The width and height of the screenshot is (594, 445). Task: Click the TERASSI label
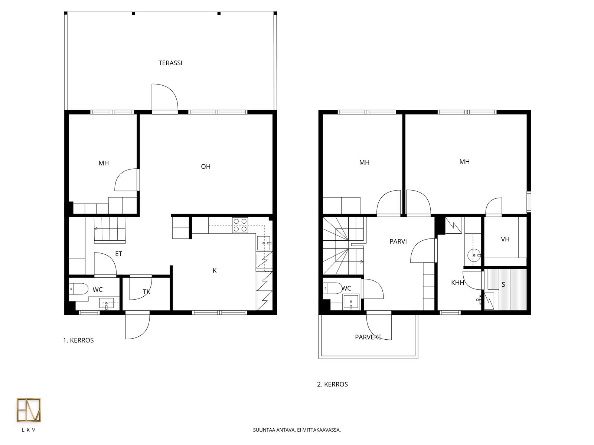(170, 63)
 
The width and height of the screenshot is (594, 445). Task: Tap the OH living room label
(206, 167)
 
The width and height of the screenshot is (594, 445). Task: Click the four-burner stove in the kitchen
(240, 225)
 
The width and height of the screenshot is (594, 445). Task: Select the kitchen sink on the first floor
(264, 243)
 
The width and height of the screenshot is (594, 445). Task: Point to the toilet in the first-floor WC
(78, 289)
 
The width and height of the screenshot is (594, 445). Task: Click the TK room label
(146, 292)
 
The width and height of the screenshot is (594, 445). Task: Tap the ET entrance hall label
(118, 254)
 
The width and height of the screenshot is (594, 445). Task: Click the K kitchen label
(215, 270)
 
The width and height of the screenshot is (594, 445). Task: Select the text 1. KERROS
(78, 340)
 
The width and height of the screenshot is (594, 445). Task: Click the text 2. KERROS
(332, 384)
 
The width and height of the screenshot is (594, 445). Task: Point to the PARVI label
(398, 241)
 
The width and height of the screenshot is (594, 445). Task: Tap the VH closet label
(505, 239)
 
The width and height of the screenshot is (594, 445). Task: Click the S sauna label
(503, 284)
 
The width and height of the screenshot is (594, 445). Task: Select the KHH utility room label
(458, 283)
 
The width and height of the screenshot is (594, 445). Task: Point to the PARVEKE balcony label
(368, 337)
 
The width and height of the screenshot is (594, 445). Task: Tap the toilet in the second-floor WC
(333, 289)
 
